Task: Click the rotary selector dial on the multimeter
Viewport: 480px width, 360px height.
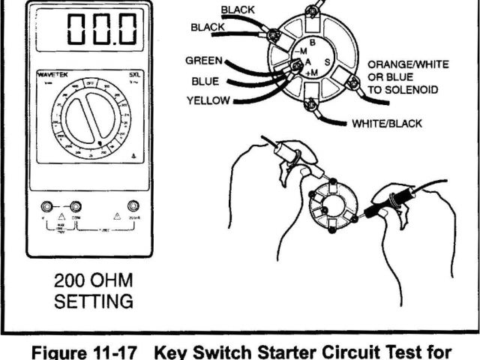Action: pyautogui.click(x=94, y=120)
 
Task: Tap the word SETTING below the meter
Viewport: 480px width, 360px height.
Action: pyautogui.click(x=94, y=302)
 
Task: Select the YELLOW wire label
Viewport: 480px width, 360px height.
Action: pyautogui.click(x=210, y=99)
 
